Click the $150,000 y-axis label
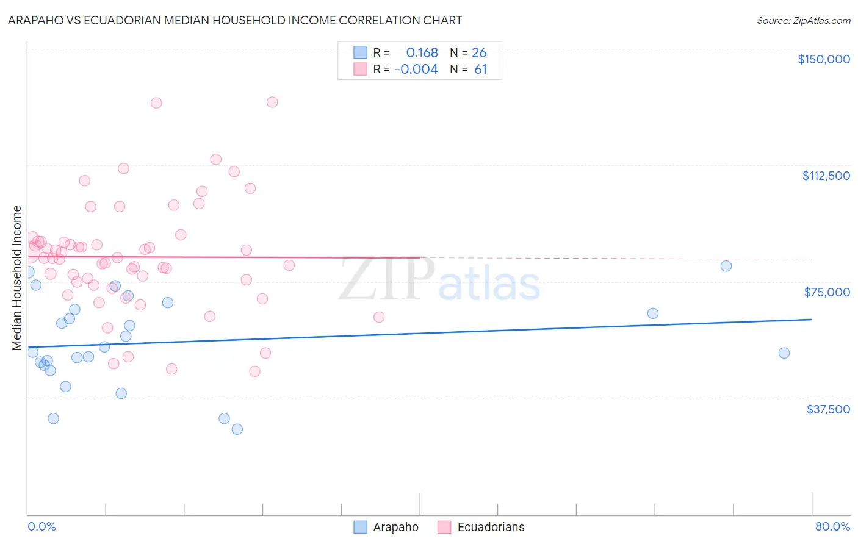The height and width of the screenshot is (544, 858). click(x=823, y=59)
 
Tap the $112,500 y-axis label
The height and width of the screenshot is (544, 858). click(x=826, y=176)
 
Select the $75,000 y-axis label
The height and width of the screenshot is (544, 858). click(x=827, y=292)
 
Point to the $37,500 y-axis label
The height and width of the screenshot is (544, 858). click(x=828, y=409)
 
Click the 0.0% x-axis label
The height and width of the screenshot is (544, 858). click(x=41, y=526)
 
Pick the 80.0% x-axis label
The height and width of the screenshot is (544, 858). click(x=832, y=526)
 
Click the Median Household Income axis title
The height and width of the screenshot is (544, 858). click(x=17, y=278)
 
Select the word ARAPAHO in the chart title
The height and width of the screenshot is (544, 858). click(x=36, y=20)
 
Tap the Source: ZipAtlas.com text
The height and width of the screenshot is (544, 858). click(x=803, y=20)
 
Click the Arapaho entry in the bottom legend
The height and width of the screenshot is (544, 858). click(x=395, y=527)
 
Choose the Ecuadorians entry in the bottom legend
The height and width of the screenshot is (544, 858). click(x=491, y=527)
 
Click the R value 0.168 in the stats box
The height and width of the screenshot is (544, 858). click(x=422, y=53)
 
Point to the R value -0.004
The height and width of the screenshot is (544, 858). click(x=416, y=70)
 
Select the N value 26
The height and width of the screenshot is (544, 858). click(x=479, y=53)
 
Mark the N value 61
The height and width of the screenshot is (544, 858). click(x=480, y=70)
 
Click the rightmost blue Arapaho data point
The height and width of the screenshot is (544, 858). click(x=784, y=353)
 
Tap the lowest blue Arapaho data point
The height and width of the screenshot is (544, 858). click(x=237, y=429)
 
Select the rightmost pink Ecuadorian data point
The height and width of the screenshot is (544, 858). click(x=378, y=317)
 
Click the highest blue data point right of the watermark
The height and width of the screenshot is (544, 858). click(x=726, y=266)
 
